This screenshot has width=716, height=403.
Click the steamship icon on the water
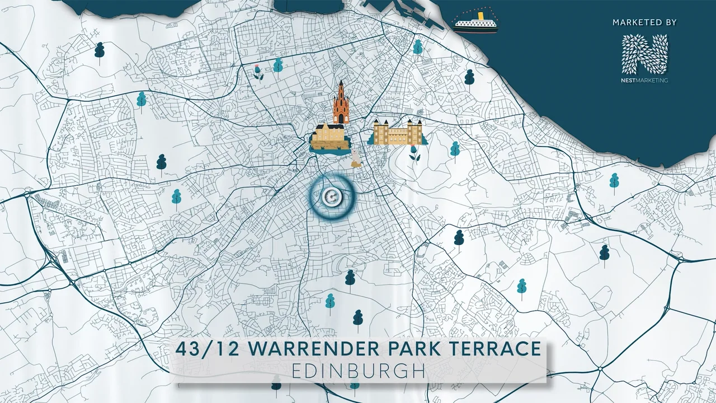475,21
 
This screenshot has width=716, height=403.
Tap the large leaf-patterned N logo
645,54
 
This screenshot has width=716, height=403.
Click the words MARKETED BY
644,22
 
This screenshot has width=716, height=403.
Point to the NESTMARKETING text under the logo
645,80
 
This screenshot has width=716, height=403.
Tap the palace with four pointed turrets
397,133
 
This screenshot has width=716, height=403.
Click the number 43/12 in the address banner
207,348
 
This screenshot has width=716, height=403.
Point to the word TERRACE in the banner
499,348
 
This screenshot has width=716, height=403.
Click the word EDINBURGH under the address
358,371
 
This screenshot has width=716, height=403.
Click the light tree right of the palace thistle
455,149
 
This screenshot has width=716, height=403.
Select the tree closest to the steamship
418,48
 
